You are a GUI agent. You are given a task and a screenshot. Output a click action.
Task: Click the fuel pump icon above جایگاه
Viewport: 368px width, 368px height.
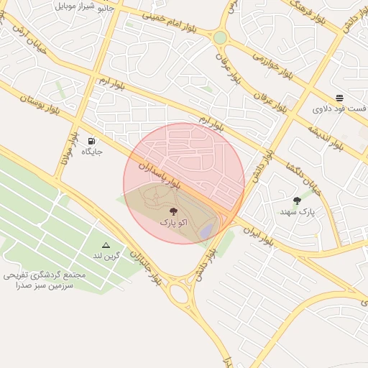pyautogui.click(x=92, y=140)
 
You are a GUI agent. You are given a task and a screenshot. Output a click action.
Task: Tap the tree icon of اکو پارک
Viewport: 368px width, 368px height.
pyautogui.click(x=173, y=211)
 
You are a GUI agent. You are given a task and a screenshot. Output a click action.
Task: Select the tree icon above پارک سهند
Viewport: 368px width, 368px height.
pyautogui.click(x=298, y=201)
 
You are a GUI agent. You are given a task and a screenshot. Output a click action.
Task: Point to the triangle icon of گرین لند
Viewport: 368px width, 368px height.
pyautogui.click(x=106, y=245)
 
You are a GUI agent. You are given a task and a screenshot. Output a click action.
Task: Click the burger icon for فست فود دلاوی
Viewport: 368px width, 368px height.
pyautogui.click(x=339, y=98)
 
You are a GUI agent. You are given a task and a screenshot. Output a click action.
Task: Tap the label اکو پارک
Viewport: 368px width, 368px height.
pyautogui.click(x=173, y=224)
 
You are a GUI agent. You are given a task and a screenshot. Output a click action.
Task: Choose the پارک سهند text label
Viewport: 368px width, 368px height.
pyautogui.click(x=298, y=213)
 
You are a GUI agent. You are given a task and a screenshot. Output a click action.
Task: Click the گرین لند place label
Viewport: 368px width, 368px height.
pyautogui.click(x=106, y=256)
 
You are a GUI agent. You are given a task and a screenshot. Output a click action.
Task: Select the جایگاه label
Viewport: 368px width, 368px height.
pyautogui.click(x=92, y=152)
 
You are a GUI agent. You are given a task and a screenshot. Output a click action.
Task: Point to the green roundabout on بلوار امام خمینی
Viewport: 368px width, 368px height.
pyautogui.click(x=220, y=37)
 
